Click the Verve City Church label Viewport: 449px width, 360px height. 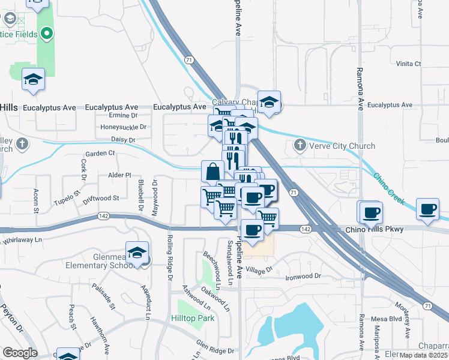[x=342, y=146]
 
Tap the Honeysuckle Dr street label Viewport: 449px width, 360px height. [x=123, y=127]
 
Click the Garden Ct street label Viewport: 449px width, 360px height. [x=100, y=153]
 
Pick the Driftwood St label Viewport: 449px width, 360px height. [x=101, y=198]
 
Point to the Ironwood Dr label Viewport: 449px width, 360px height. [x=303, y=277]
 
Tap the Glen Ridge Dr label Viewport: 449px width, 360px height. [x=214, y=347]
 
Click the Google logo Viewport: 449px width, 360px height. [x=20, y=353]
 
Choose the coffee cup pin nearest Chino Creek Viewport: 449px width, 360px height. [x=427, y=209]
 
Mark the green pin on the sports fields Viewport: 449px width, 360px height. [x=46, y=34]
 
